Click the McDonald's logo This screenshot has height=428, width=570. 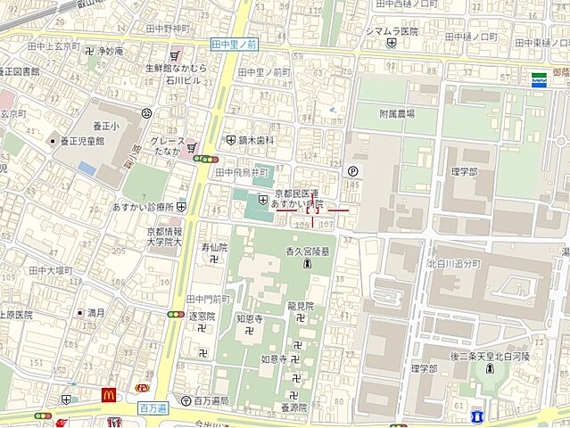110,396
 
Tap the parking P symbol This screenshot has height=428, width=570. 352,172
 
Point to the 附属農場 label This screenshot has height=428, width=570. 396,114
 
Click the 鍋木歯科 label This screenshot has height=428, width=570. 255,140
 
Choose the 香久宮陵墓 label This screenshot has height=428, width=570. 307,251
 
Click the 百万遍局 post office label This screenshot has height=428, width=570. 211,401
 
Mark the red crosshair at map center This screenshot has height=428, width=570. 312,210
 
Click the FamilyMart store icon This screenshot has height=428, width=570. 539,79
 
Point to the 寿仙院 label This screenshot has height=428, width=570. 214,246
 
